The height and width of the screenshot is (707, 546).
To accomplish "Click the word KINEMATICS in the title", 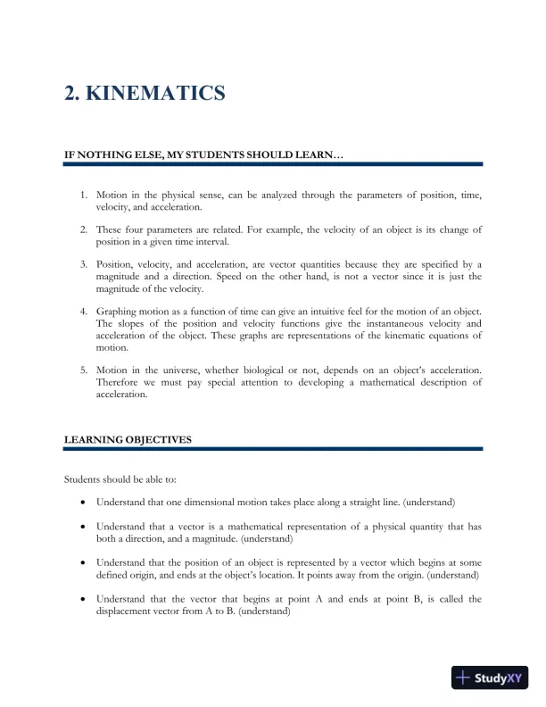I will point(156,93).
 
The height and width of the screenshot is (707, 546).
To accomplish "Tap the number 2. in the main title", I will point(73,93).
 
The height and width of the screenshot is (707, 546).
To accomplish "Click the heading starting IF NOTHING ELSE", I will point(203,155).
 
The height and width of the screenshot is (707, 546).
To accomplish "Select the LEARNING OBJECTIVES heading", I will point(128,440).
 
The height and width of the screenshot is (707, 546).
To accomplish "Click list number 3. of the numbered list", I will point(84,265).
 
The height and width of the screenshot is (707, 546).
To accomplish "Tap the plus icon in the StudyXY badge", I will point(463,678).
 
